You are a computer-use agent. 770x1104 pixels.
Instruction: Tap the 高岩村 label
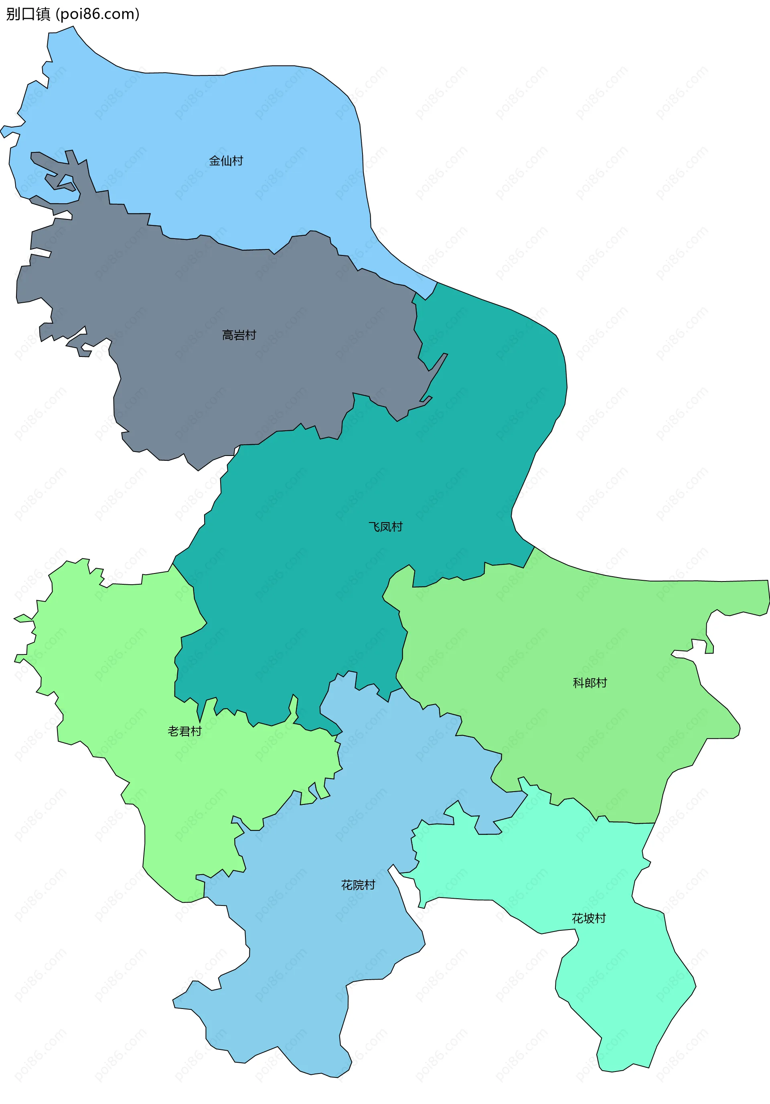[239, 335]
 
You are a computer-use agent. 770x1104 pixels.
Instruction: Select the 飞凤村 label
[385, 527]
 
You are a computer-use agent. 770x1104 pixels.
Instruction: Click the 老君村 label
[185, 731]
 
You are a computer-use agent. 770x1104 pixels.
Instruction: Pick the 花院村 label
[358, 885]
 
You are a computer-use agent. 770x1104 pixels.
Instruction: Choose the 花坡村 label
[589, 918]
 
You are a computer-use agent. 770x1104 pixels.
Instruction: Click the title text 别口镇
[28, 14]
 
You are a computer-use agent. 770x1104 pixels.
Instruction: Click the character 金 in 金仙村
[215, 160]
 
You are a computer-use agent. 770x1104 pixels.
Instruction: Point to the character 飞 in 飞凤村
[374, 527]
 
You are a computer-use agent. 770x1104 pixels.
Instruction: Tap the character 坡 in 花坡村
[589, 918]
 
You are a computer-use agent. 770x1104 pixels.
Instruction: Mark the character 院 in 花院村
[358, 885]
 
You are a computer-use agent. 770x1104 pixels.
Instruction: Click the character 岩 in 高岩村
[239, 335]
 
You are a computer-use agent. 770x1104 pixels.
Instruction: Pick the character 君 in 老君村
[185, 731]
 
